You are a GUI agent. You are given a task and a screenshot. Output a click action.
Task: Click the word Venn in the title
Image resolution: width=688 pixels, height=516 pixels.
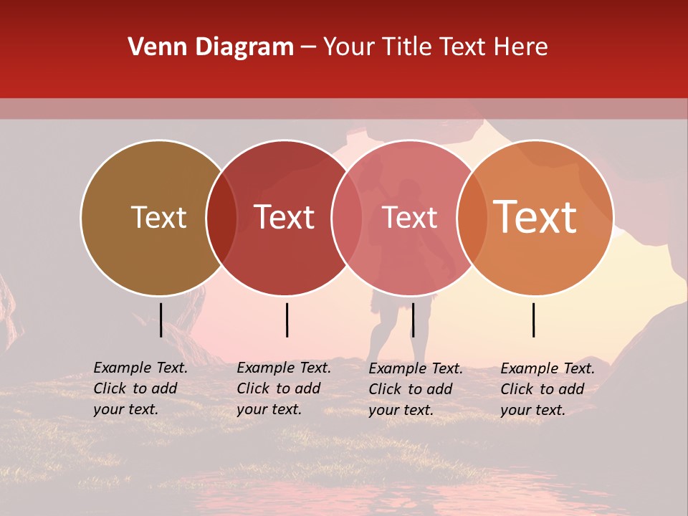click(x=154, y=47)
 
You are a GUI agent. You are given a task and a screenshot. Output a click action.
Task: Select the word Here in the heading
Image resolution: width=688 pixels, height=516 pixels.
click(x=522, y=47)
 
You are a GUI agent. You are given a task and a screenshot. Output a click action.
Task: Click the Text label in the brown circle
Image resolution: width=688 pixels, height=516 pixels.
click(x=158, y=217)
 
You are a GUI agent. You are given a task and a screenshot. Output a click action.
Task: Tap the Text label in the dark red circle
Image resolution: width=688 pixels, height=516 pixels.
click(x=285, y=217)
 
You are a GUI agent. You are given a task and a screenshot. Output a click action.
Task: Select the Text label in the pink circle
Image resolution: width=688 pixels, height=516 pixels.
click(x=410, y=217)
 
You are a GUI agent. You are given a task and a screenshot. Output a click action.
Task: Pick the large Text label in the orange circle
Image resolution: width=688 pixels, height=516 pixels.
click(x=535, y=216)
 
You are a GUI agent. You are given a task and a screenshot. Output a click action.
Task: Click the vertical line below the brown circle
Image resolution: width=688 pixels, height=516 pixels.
click(x=161, y=320)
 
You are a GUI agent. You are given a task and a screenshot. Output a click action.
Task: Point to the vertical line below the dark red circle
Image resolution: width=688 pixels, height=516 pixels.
click(x=287, y=320)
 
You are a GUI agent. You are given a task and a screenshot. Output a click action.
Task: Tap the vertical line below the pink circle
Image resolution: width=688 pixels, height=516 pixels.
click(x=413, y=320)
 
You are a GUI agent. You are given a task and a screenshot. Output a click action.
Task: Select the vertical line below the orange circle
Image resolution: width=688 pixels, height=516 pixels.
click(x=534, y=320)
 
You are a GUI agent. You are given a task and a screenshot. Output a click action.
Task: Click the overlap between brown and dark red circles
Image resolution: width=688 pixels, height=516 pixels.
click(x=221, y=217)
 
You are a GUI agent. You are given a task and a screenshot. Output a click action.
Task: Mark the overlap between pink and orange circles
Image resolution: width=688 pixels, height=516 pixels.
click(x=472, y=217)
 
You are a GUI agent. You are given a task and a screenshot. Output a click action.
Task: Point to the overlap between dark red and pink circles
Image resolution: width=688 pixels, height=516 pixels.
click(x=346, y=217)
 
